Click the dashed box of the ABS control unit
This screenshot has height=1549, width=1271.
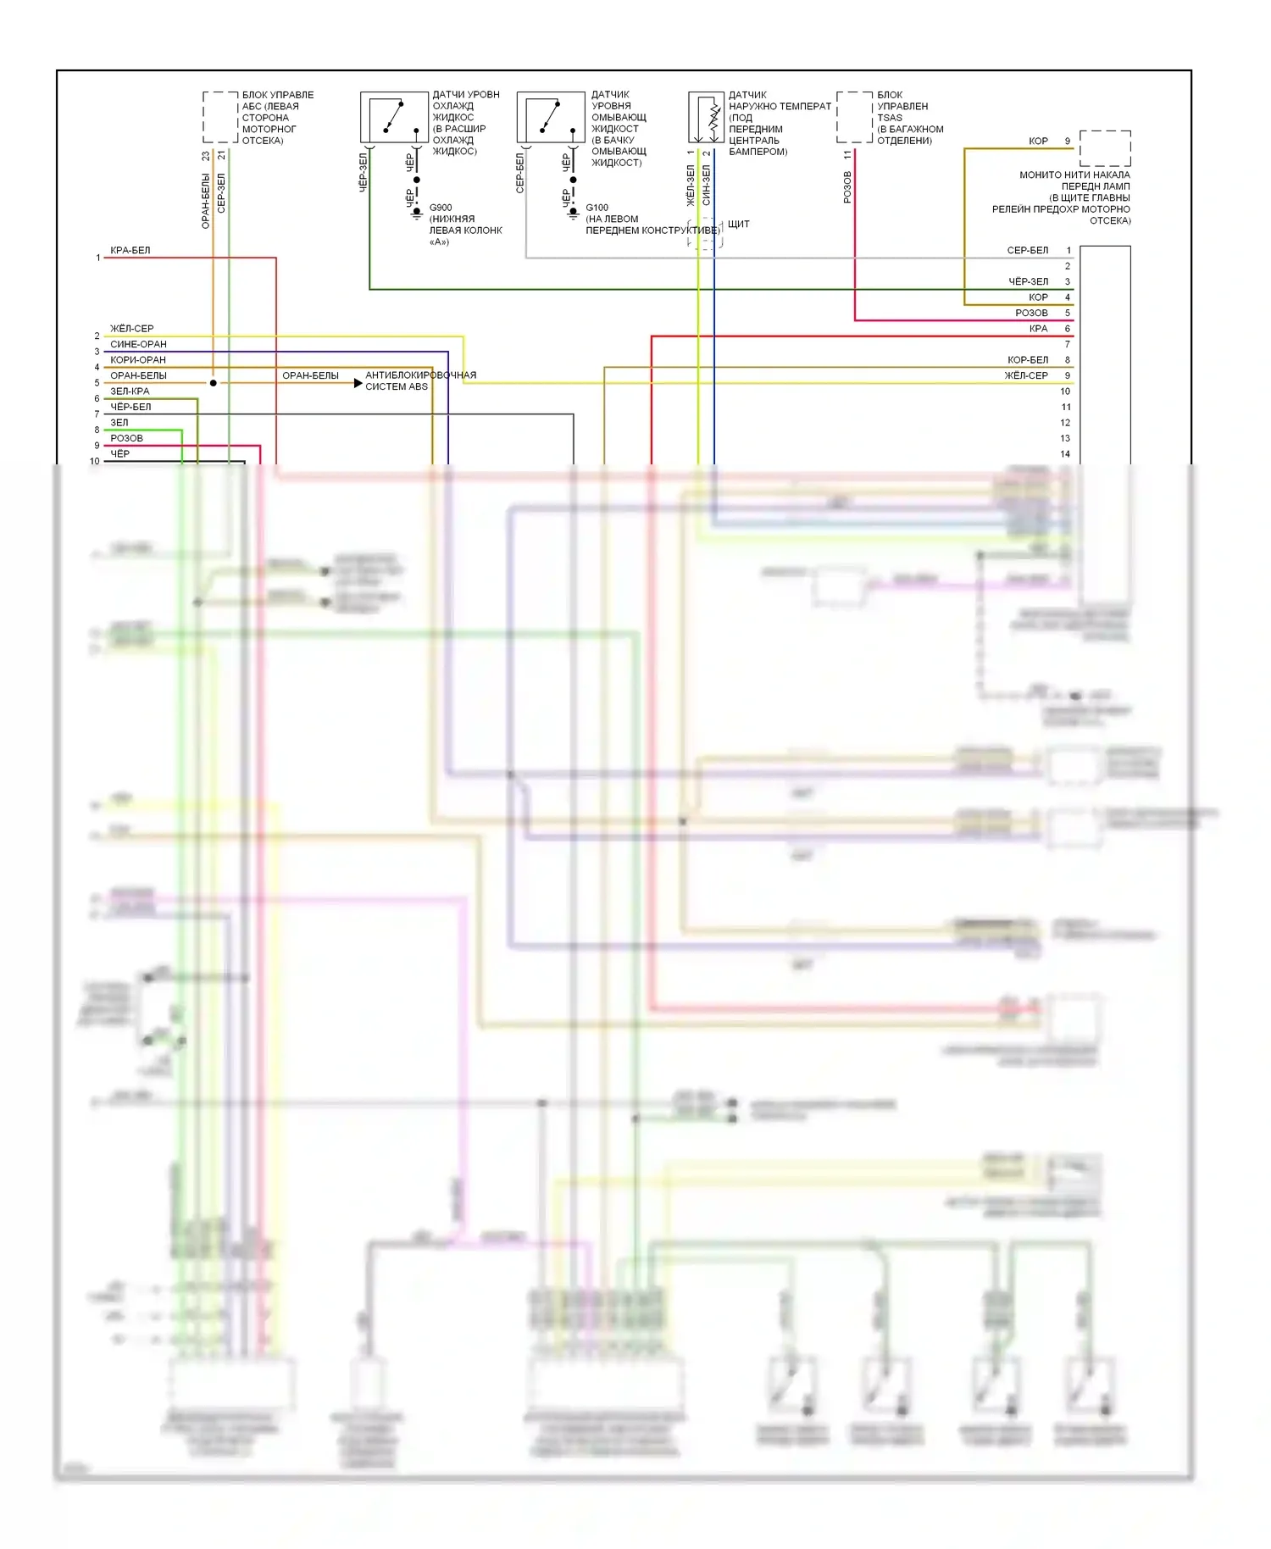(220, 117)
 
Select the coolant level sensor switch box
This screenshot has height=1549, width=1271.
(394, 117)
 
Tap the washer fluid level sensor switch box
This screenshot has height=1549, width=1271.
(551, 117)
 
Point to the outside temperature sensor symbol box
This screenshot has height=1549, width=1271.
(706, 117)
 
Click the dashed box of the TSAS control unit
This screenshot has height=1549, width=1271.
(854, 117)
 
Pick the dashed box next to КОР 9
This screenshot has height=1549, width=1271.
(1105, 148)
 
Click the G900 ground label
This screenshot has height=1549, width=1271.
(441, 208)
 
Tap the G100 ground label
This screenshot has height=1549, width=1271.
(597, 208)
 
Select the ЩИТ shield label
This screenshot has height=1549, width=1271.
(738, 225)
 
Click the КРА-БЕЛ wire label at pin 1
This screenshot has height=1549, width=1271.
(130, 251)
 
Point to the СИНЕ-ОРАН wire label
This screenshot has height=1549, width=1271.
(138, 345)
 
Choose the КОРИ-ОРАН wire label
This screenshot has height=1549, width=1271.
(137, 360)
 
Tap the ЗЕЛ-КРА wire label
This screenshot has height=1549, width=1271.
(130, 391)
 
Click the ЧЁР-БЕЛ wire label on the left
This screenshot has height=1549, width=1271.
(130, 407)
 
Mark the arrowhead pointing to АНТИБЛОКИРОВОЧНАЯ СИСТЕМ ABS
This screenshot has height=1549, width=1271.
(358, 384)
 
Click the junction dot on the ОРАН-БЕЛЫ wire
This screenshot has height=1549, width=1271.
(214, 384)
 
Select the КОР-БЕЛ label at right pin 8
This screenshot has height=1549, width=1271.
(1027, 360)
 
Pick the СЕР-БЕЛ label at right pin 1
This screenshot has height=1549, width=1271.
(1027, 251)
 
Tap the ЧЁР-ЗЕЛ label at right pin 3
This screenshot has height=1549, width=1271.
(1028, 282)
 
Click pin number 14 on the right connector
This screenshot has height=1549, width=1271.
(1065, 454)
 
